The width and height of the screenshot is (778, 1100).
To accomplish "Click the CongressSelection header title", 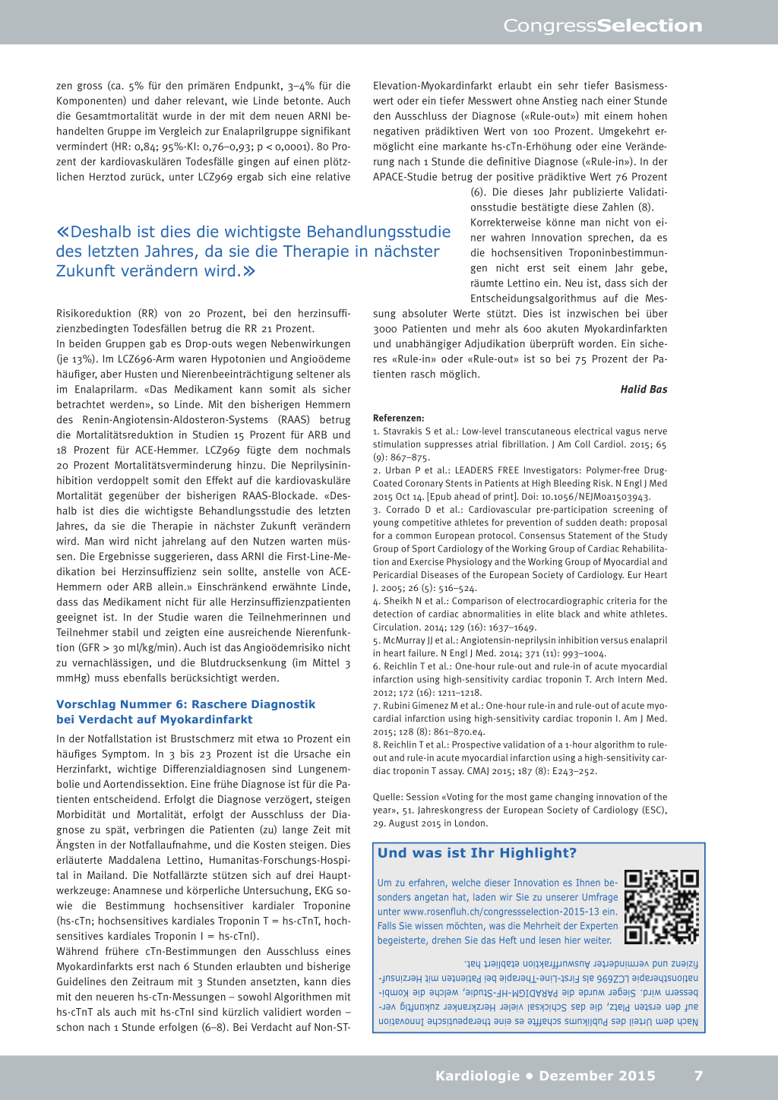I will click(x=602, y=26).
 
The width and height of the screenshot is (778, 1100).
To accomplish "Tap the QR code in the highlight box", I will click(x=661, y=907).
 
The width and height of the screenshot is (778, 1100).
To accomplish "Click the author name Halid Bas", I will click(x=644, y=390).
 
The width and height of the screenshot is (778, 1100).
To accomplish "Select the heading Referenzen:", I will click(x=399, y=418).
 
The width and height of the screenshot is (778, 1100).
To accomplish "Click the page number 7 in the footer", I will click(x=698, y=1076).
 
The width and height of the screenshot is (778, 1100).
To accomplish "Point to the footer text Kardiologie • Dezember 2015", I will click(x=545, y=1076).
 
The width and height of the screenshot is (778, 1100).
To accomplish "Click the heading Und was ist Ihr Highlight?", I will click(x=477, y=853).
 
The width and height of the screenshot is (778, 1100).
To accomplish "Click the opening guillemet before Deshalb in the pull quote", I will click(x=62, y=232).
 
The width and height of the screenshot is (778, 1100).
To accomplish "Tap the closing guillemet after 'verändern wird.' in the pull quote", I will click(x=249, y=271).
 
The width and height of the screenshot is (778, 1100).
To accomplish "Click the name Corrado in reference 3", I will click(x=403, y=510).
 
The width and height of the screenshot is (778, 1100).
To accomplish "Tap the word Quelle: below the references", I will click(x=387, y=797).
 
